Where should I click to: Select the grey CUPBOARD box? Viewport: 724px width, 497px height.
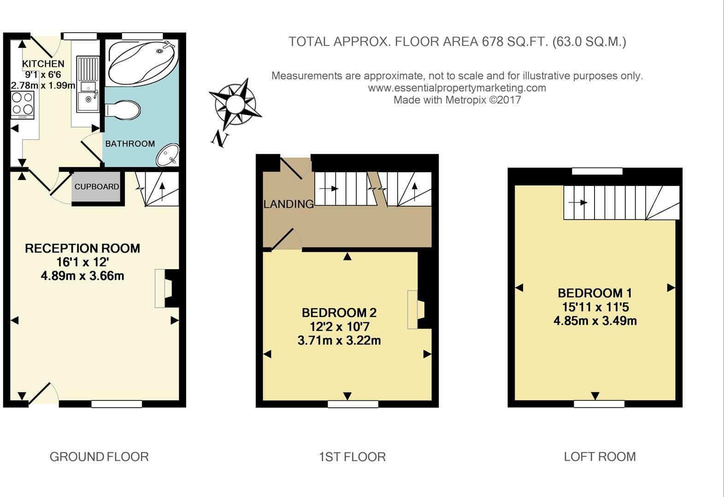point(96,187)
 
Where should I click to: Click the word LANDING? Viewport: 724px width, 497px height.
point(288,204)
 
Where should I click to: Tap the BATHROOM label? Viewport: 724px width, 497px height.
point(130,144)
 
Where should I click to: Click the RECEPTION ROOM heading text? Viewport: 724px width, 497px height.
point(82,248)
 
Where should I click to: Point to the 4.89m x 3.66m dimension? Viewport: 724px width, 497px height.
point(82,276)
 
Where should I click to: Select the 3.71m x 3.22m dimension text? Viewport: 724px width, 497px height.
point(339,341)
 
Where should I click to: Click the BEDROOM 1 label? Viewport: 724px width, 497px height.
point(595,293)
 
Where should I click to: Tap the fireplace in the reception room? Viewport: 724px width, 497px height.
point(166,289)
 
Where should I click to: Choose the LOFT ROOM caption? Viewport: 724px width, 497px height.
point(600,457)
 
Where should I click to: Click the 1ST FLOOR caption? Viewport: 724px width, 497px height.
point(352,457)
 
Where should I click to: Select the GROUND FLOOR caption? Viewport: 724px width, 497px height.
point(99,457)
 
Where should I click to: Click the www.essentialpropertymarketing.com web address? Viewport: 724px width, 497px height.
point(457,87)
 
